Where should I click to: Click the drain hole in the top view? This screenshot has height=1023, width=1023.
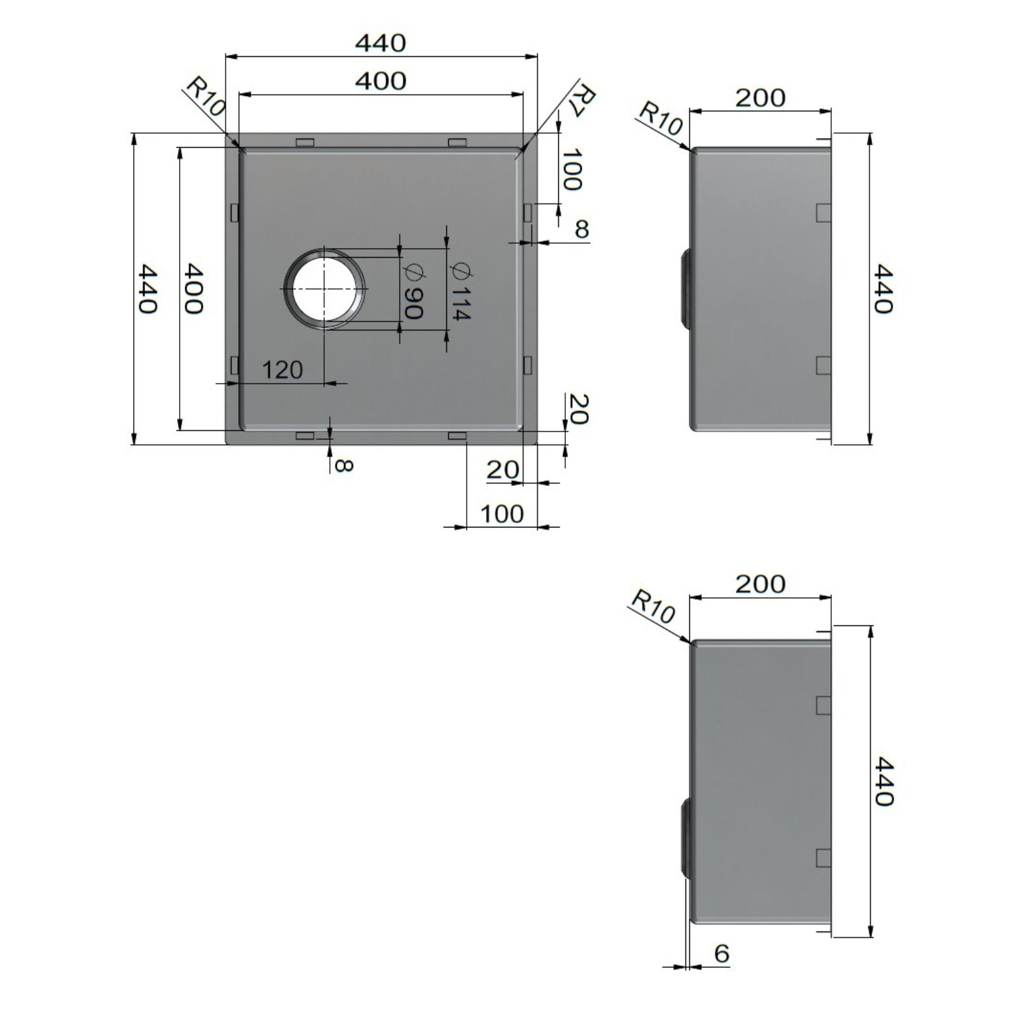pyautogui.click(x=325, y=288)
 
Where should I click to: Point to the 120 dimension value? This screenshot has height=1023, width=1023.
pyautogui.click(x=283, y=370)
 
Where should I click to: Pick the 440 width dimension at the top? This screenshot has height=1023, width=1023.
pyautogui.click(x=380, y=43)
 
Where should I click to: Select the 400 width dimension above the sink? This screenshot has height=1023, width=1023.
pyautogui.click(x=380, y=81)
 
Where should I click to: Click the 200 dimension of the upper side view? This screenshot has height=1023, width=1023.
pyautogui.click(x=760, y=98)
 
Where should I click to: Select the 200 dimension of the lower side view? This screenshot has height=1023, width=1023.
pyautogui.click(x=760, y=584)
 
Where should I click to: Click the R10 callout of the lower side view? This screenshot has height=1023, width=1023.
pyautogui.click(x=652, y=606)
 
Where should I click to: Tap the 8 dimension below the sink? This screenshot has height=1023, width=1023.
pyautogui.click(x=343, y=465)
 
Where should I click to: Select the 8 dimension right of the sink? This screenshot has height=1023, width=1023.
pyautogui.click(x=581, y=229)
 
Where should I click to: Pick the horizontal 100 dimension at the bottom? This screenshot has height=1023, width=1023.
pyautogui.click(x=501, y=513)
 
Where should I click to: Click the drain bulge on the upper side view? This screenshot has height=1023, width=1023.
pyautogui.click(x=684, y=288)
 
